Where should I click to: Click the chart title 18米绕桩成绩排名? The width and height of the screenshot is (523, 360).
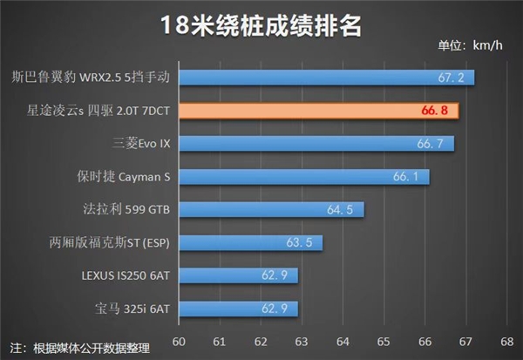(x=261, y=24)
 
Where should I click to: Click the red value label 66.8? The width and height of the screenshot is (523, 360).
(x=433, y=111)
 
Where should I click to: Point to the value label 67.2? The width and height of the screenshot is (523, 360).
(x=452, y=78)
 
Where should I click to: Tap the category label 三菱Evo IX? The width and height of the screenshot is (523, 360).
(x=142, y=144)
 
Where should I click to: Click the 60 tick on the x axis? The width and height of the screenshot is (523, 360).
(x=180, y=341)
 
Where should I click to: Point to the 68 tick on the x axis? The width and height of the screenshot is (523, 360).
(x=506, y=341)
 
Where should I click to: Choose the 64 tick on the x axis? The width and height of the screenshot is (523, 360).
(x=343, y=341)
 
